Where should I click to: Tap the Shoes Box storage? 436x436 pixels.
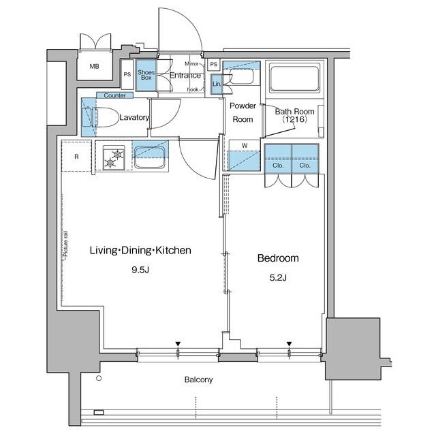click(146, 74)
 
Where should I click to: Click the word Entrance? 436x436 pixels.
click(185, 75)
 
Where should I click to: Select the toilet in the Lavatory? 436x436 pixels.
click(93, 116)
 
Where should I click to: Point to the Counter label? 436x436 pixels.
click(114, 96)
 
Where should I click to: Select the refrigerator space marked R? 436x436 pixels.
click(76, 157)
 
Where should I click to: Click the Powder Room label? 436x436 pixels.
click(242, 112)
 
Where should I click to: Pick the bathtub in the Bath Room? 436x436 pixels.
click(294, 78)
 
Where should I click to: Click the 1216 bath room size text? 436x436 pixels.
click(294, 120)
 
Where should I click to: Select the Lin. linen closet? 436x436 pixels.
click(217, 83)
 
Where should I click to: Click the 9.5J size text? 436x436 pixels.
click(140, 269)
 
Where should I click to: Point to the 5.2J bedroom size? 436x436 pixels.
click(277, 277)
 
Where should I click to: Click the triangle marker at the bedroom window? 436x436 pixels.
click(290, 343)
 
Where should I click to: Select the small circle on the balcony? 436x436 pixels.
click(99, 377)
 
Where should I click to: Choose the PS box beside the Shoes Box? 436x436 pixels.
click(127, 75)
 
